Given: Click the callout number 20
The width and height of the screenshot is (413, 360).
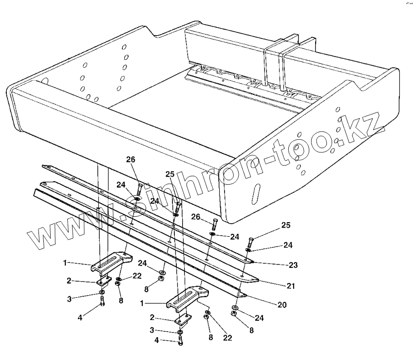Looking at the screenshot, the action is click(282, 305).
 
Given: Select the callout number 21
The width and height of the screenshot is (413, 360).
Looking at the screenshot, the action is click(291, 286).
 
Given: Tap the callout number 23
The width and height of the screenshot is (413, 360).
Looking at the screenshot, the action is click(293, 265).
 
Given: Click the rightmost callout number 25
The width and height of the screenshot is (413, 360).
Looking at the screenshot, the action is click(286, 225).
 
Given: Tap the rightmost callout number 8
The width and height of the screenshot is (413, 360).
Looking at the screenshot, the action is click(251, 331).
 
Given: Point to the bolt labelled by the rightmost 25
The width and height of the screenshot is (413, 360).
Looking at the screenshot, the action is click(250, 242).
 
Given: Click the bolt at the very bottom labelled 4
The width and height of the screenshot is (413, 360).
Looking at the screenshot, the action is click(181, 341).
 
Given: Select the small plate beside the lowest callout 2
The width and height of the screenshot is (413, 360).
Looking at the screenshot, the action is click(182, 320).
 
